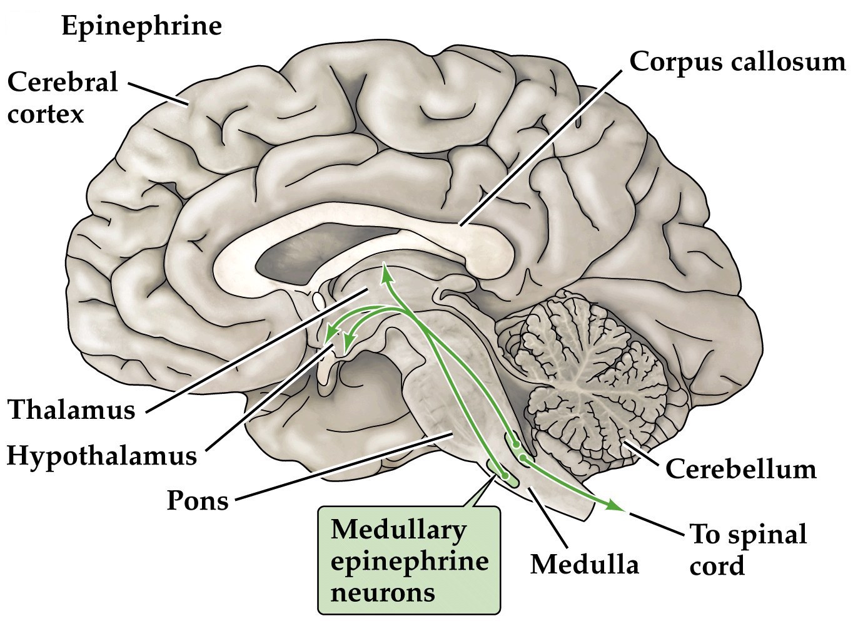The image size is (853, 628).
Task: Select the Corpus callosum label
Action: [x=737, y=62]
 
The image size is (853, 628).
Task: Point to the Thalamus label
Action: [x=72, y=411]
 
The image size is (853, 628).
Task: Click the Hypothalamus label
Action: [x=102, y=455]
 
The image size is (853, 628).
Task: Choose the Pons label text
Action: [x=198, y=500]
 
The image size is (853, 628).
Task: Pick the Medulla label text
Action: [x=585, y=564]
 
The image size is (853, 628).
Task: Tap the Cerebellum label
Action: [x=740, y=468]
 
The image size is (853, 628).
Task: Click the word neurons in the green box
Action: [x=383, y=590]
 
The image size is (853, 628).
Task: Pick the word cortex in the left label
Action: [x=46, y=115]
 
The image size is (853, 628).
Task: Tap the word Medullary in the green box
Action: [x=398, y=530]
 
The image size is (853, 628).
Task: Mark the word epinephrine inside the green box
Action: [x=409, y=560]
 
